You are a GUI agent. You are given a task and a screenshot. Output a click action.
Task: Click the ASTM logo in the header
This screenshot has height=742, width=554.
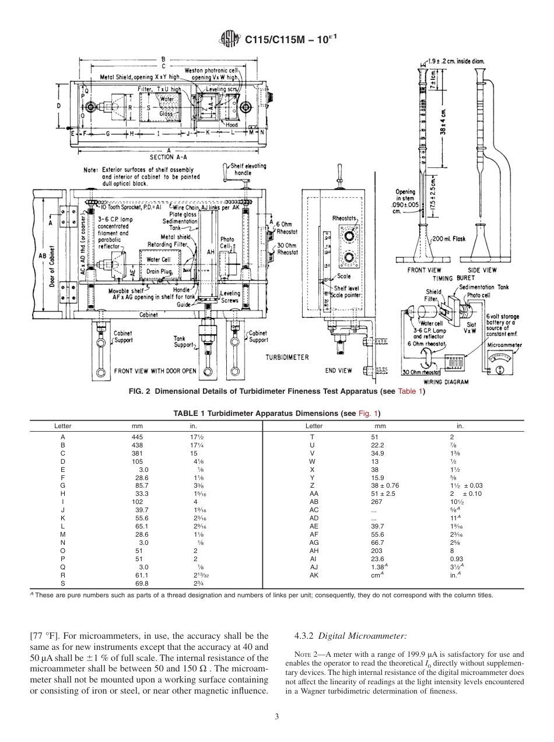[229, 40]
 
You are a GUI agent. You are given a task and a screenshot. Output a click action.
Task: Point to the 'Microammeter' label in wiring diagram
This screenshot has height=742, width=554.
[504, 345]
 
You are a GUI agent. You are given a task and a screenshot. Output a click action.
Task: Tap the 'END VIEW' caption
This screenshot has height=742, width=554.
[338, 370]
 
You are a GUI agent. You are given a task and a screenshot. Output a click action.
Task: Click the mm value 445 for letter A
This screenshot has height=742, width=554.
[137, 436]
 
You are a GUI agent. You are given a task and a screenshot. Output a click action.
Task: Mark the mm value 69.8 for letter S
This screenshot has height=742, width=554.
[141, 583]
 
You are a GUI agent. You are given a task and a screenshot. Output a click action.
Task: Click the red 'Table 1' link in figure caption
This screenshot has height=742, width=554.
[410, 391]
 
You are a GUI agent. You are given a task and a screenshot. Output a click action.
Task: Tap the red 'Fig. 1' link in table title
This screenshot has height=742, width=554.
[369, 414]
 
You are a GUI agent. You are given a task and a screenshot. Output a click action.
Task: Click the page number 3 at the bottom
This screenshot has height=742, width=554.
[277, 716]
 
